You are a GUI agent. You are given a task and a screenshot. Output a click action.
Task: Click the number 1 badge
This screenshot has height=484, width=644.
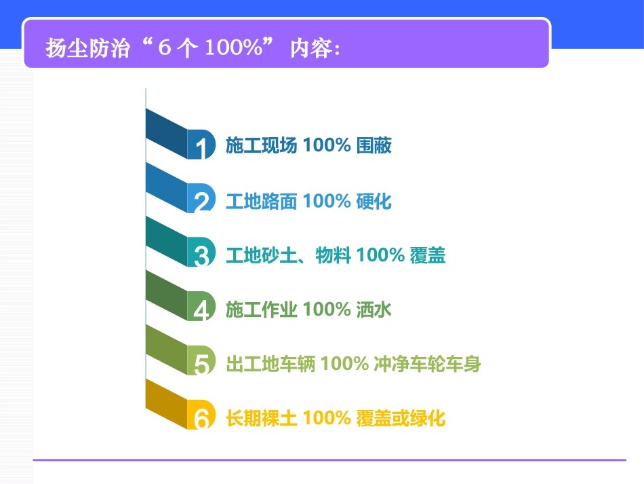[201, 145]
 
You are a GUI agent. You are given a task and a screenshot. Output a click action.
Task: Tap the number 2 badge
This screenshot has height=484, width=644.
[201, 200]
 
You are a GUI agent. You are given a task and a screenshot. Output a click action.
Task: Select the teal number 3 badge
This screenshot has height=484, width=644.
[201, 255]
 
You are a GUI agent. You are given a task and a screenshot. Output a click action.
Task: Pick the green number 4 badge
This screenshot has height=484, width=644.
[201, 309]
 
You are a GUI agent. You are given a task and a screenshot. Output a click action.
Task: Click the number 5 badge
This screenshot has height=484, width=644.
[201, 363]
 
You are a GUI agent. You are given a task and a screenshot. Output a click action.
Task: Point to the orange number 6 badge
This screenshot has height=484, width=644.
[201, 417]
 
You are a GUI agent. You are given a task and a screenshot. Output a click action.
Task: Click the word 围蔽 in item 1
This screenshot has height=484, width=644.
[374, 146]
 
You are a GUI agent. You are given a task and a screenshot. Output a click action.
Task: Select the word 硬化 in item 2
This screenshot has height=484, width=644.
[374, 201]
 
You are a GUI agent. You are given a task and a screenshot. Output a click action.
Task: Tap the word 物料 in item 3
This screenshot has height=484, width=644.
[333, 256]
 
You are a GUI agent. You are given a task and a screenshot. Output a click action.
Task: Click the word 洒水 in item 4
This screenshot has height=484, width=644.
[374, 310]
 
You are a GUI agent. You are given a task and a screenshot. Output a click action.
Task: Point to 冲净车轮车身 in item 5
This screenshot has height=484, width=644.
[427, 365]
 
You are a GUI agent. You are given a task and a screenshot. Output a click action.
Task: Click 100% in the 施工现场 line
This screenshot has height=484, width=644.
[326, 146]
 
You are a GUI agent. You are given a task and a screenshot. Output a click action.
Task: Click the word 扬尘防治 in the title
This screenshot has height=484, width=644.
[87, 49]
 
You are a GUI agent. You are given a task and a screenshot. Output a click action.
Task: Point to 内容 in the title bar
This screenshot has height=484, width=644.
[309, 49]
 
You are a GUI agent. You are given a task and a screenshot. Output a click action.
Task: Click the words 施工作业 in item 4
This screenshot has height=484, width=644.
[261, 310]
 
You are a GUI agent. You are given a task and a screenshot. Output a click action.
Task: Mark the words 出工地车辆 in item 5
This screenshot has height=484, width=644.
[270, 365]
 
